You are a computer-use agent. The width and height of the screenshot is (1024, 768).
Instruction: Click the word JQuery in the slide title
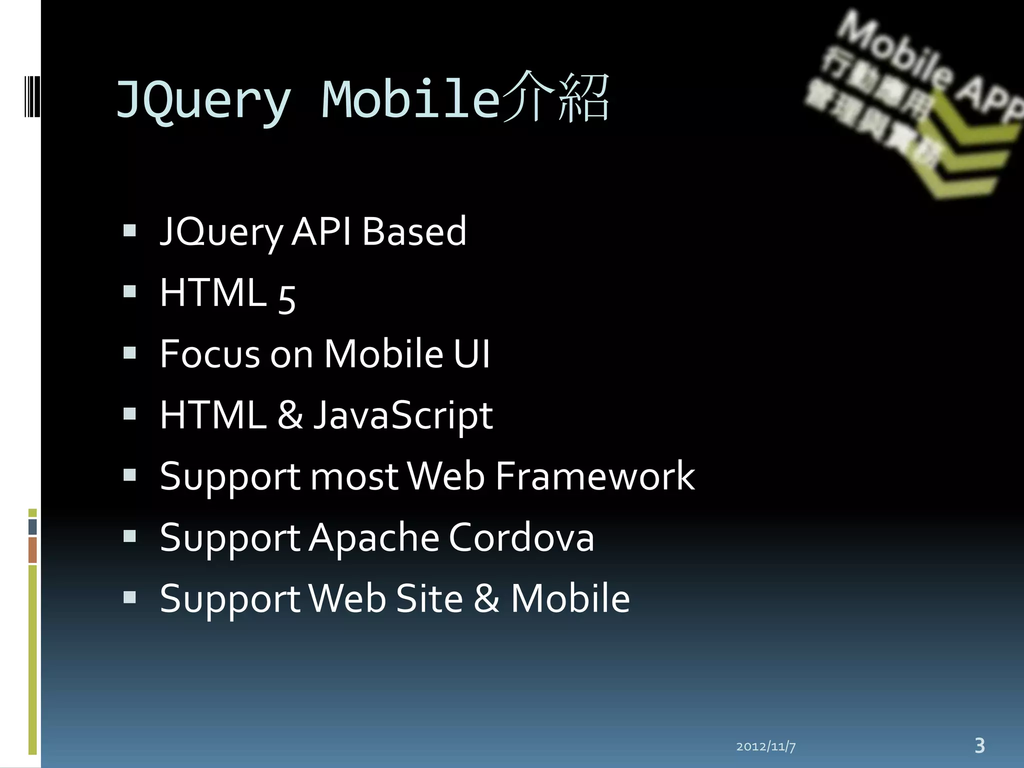pyautogui.click(x=202, y=100)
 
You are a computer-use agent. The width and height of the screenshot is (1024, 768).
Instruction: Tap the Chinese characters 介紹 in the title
pyautogui.click(x=555, y=97)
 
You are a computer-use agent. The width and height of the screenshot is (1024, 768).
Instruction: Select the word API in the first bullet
pyautogui.click(x=320, y=231)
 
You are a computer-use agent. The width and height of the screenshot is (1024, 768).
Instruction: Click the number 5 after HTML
pyautogui.click(x=287, y=297)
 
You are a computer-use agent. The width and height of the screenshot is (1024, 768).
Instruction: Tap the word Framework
pyautogui.click(x=595, y=476)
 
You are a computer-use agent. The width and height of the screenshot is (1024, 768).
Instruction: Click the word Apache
pyautogui.click(x=373, y=537)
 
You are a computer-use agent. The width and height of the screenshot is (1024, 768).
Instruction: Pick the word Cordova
pyautogui.click(x=521, y=537)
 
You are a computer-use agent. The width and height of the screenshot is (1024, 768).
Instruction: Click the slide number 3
pyautogui.click(x=979, y=745)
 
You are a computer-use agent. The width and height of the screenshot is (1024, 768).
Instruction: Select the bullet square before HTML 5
pyautogui.click(x=129, y=291)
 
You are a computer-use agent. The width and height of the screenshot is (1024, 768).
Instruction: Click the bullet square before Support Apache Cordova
pyautogui.click(x=129, y=536)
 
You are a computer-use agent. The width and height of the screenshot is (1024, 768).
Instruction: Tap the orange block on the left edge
pyautogui.click(x=32, y=550)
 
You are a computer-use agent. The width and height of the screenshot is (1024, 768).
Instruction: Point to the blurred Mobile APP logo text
pyautogui.click(x=925, y=65)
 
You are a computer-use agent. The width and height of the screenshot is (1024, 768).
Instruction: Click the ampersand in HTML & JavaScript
pyautogui.click(x=290, y=415)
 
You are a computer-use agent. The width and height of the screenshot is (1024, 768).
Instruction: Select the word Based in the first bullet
pyautogui.click(x=414, y=231)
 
